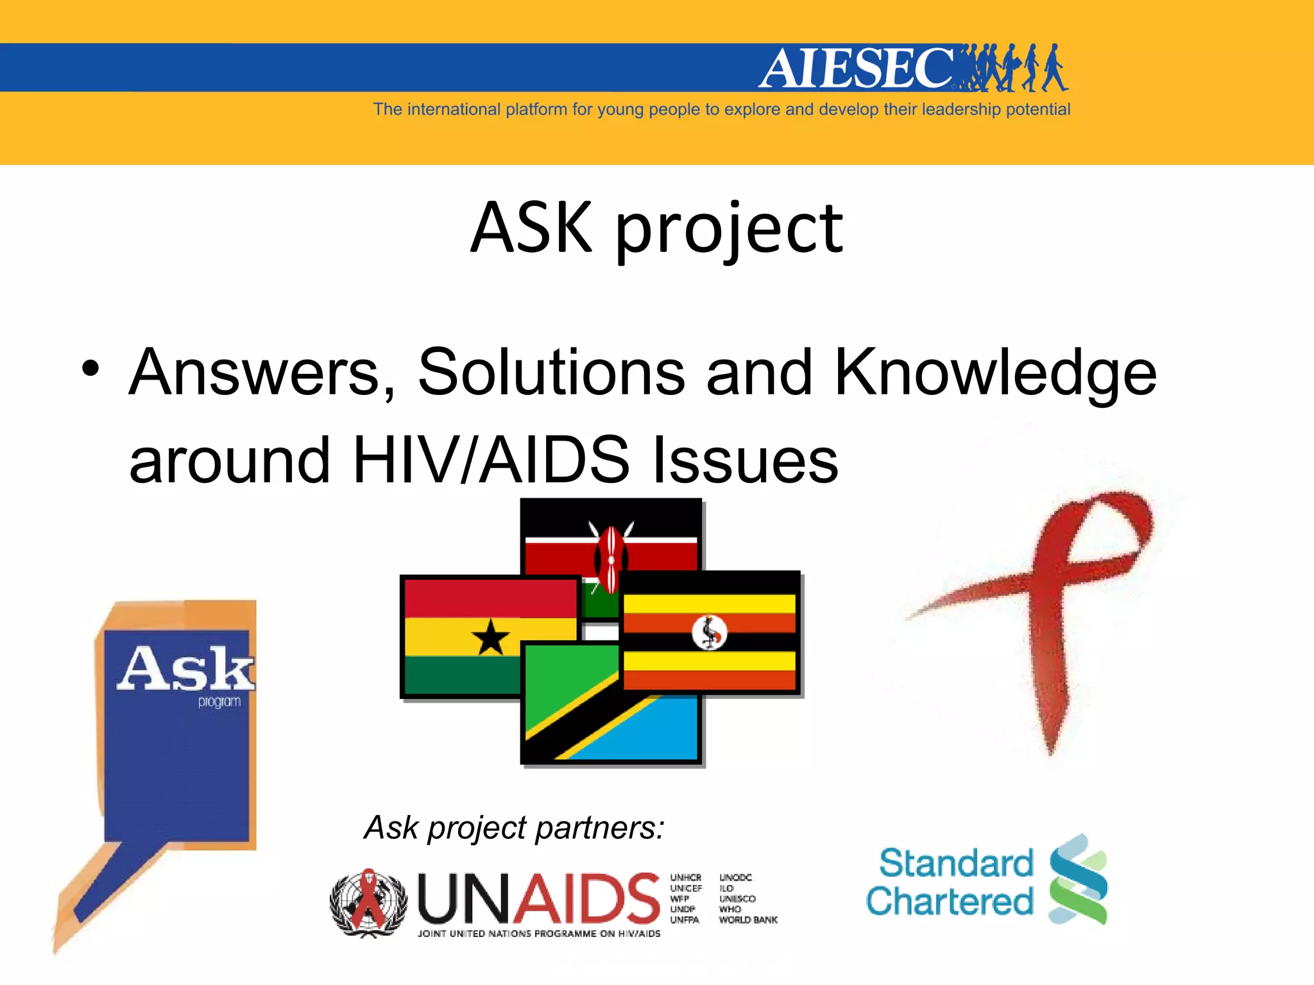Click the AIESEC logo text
(857, 68)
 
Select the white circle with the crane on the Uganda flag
(709, 632)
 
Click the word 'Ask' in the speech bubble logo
(185, 668)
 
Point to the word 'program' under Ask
(219, 702)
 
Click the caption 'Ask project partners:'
(514, 827)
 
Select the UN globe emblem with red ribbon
(368, 902)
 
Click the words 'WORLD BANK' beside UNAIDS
(748, 920)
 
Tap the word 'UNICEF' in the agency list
(686, 888)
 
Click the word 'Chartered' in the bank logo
(950, 901)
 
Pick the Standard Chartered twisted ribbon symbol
(1078, 879)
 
